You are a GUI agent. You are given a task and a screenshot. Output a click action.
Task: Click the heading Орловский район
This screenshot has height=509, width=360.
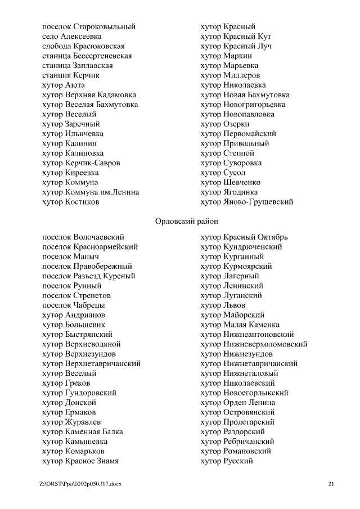[186, 222]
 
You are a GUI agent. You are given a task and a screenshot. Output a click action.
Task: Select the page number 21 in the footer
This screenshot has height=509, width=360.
[331, 484]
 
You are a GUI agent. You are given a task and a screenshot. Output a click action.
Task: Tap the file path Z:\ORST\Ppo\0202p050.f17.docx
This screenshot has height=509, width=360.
[80, 484]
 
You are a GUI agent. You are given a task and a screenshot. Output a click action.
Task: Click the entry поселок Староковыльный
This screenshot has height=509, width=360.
[89, 26]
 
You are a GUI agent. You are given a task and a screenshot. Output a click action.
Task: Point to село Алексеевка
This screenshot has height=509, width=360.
[72, 36]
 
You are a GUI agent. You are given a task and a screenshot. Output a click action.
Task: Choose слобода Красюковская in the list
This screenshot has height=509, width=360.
[83, 46]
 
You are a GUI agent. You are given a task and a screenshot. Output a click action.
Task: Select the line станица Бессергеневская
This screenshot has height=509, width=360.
[87, 56]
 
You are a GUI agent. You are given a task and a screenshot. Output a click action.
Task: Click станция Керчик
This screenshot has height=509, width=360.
[71, 75]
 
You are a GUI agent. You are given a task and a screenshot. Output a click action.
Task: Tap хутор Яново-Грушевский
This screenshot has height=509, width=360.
[247, 202]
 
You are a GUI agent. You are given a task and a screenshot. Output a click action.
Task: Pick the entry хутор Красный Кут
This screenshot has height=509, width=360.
[236, 36]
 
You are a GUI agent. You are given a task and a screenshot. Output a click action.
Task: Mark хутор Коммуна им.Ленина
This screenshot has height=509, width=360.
[91, 192]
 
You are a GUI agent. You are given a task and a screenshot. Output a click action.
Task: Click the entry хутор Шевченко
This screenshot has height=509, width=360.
[231, 182]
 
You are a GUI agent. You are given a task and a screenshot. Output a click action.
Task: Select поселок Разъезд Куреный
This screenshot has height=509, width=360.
[89, 276]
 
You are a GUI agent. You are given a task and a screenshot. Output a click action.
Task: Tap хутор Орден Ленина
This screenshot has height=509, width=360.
[238, 403]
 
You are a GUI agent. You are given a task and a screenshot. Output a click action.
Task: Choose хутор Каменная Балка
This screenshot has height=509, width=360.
[83, 432]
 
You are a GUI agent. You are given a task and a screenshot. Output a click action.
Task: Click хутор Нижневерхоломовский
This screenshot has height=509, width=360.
[254, 344]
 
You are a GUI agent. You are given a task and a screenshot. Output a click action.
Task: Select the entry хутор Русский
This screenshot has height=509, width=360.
[227, 461]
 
